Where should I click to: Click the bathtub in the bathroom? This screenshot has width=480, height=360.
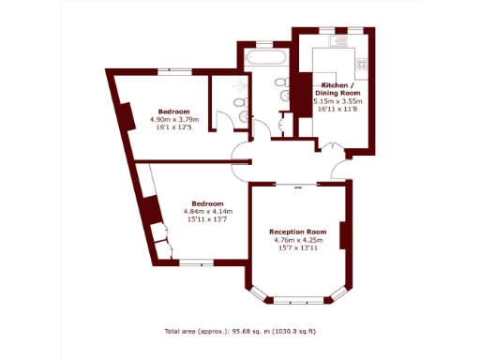coord(264,59)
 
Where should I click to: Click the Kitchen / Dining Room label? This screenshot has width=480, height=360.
coord(337,89)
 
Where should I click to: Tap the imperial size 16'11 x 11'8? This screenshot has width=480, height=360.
coord(337,110)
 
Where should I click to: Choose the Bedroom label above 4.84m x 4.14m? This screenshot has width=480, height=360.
coord(207,203)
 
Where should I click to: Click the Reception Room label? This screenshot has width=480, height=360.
coord(297,232)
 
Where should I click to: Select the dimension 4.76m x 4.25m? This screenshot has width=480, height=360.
coord(297,240)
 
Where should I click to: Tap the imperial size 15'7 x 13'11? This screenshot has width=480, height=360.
coord(297,248)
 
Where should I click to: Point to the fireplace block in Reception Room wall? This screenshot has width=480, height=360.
coord(345,235)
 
